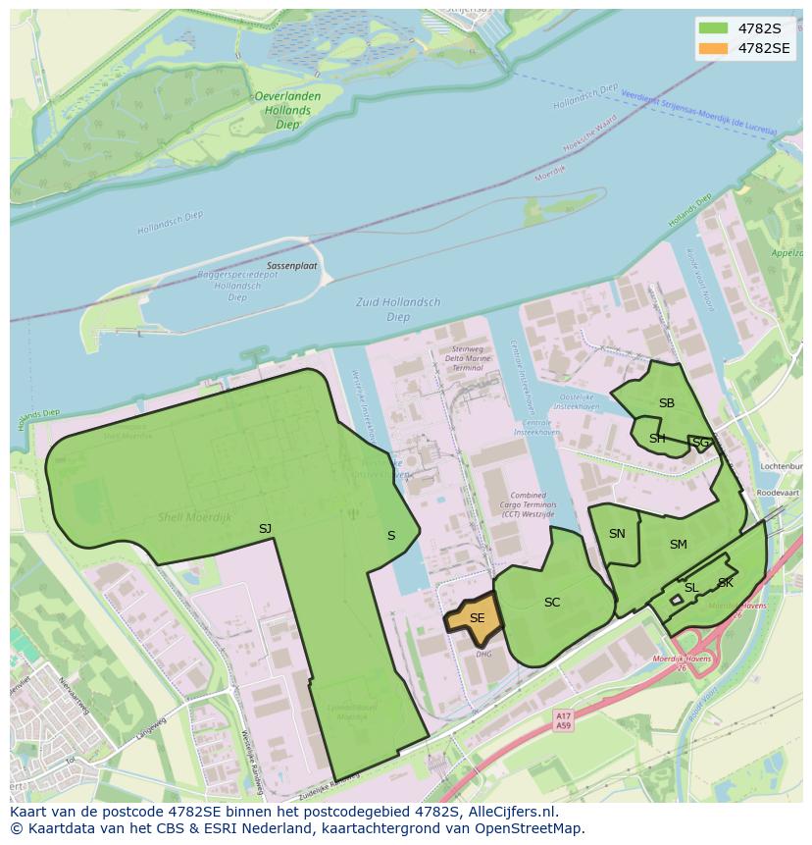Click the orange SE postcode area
[x=475, y=618]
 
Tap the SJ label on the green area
[x=265, y=529]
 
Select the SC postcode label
[x=552, y=603]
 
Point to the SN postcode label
[x=617, y=534]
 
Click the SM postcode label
[x=679, y=545]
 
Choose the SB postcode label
[x=667, y=403]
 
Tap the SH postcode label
[x=657, y=439]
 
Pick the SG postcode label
[x=700, y=444]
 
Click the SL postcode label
[x=690, y=588]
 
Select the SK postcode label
[x=725, y=583]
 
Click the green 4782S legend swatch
[x=713, y=27]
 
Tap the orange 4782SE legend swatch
[x=713, y=47]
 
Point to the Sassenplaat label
[x=291, y=266]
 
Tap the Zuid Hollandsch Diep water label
[x=398, y=309]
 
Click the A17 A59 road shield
[x=563, y=721]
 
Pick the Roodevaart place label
[x=779, y=494]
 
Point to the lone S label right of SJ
[x=391, y=536]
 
